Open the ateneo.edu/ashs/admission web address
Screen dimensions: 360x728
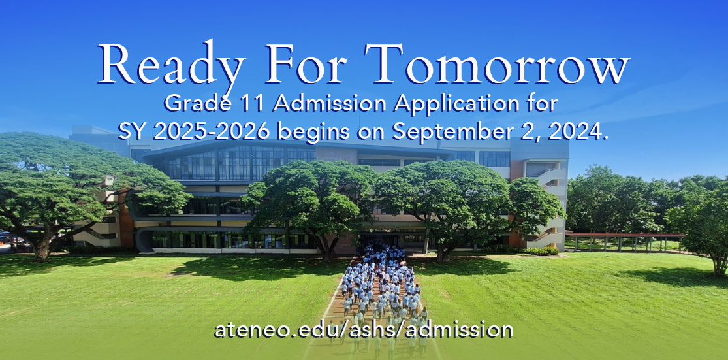click(364, 329)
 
